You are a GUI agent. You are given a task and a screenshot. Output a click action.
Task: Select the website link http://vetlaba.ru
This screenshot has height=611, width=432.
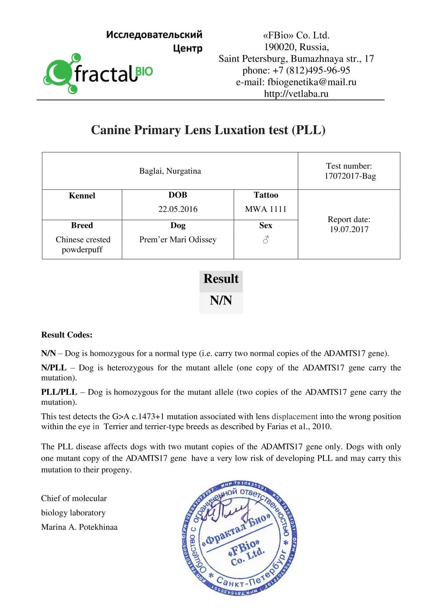tap(296, 94)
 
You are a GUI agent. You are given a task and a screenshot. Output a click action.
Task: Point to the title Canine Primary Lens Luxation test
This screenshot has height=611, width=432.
tap(208, 130)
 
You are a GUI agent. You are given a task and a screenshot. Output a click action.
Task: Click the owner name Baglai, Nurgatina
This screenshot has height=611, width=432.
tap(170, 171)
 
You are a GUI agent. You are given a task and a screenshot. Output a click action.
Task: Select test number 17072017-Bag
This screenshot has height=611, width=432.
tap(350, 176)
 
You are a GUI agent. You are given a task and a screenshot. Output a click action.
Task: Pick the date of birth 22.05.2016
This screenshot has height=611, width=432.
tap(178, 209)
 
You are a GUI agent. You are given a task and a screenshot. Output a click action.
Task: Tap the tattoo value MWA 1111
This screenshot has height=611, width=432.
tap(266, 209)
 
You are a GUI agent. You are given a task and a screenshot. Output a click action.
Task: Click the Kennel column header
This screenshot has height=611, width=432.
tap(82, 195)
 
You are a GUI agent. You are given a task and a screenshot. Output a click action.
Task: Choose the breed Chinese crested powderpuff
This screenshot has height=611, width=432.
tap(83, 244)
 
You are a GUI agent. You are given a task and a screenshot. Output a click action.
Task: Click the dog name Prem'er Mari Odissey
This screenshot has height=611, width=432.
tap(178, 239)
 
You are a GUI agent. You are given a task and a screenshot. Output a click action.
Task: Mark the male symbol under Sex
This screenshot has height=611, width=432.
tap(266, 240)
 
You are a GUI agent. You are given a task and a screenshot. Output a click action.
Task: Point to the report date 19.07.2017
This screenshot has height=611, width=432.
tap(349, 229)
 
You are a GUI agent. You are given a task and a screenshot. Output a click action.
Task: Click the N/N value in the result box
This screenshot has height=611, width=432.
tap(221, 300)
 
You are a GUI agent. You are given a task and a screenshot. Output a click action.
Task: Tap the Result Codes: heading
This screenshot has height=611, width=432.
tap(67, 335)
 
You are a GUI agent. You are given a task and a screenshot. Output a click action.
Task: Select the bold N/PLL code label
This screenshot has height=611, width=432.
tap(54, 368)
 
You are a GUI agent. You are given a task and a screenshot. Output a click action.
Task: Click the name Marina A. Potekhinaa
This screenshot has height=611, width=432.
tap(79, 527)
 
